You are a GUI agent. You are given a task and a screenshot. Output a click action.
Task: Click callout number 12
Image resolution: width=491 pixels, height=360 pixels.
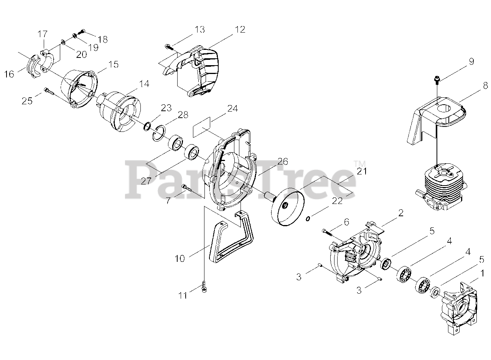(240, 30)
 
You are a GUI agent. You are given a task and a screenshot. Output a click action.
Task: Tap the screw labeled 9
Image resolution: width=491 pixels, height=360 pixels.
(437, 79)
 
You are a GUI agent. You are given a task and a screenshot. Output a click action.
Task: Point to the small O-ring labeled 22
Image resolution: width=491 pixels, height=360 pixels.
(308, 219)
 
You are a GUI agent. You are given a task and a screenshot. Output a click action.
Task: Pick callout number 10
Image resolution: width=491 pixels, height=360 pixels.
(180, 258)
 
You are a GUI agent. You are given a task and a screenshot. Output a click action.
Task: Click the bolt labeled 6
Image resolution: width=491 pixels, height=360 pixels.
(326, 231)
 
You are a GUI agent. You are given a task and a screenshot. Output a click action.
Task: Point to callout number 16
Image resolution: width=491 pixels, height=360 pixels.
(9, 74)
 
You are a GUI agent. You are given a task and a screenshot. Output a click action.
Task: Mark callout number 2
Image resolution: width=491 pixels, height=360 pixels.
(401, 213)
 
